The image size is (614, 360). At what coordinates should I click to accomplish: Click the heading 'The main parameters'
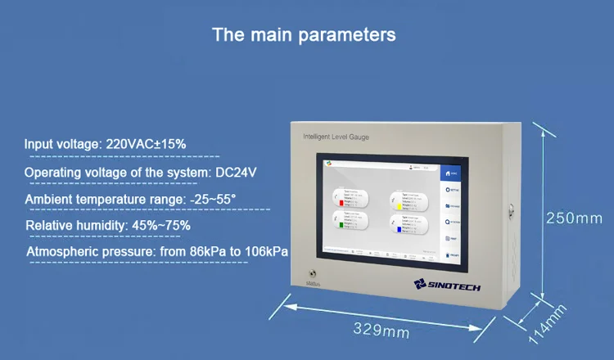coord(304,34)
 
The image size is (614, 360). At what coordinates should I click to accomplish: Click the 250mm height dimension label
coord(574,218)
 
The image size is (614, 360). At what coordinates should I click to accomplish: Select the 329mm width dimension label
coord(381,331)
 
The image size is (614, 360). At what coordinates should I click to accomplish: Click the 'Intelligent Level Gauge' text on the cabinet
coord(336,137)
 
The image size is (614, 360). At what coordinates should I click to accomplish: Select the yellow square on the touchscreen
coord(397,207)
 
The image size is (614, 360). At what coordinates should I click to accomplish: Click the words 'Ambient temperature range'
coord(95,200)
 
